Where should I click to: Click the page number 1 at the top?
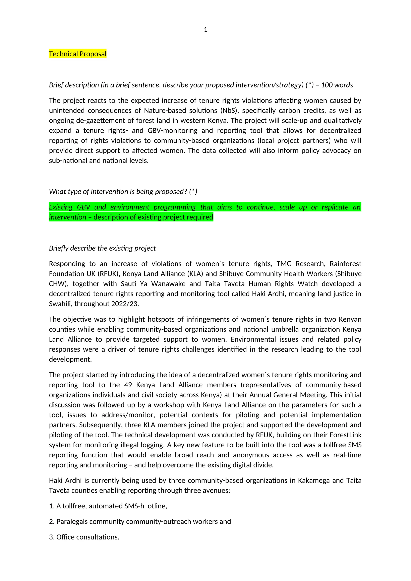(205, 30)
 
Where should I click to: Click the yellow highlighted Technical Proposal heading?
(78, 54)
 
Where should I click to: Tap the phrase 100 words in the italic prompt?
(337, 85)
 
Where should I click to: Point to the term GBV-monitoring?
(172, 131)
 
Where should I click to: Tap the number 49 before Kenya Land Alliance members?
(128, 385)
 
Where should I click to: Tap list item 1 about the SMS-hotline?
(108, 506)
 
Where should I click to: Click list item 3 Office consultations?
(84, 537)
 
